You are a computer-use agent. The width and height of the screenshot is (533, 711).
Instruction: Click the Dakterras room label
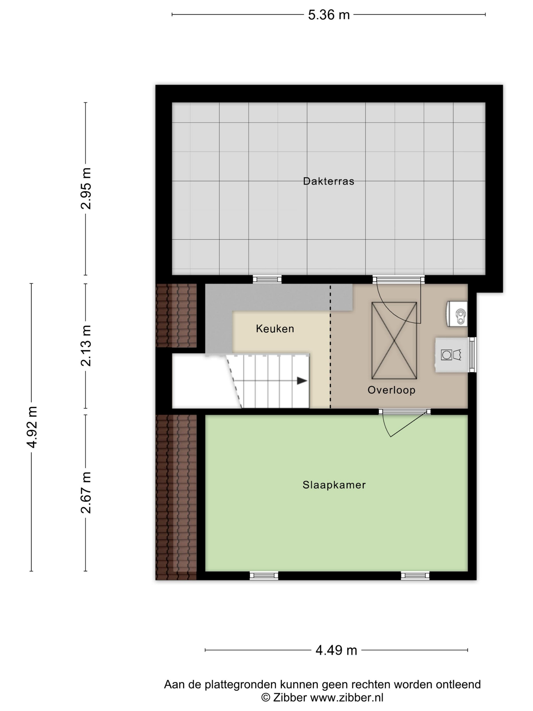pyautogui.click(x=328, y=181)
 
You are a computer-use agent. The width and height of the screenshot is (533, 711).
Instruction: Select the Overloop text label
pyautogui.click(x=391, y=390)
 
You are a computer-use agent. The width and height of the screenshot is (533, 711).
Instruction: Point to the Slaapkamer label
pyautogui.click(x=334, y=485)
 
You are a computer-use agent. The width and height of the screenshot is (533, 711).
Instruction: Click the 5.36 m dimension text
pyautogui.click(x=329, y=15)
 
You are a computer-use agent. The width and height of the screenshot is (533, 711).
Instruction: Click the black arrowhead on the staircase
pyautogui.click(x=302, y=381)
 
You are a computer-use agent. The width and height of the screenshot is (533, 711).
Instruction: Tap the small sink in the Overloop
pyautogui.click(x=457, y=314)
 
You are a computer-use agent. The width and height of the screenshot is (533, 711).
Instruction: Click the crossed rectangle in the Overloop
pyautogui.click(x=394, y=341)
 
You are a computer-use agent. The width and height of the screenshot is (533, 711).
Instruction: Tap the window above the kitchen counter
pyautogui.click(x=267, y=279)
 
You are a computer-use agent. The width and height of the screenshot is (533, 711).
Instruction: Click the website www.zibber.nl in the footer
pyautogui.click(x=347, y=698)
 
